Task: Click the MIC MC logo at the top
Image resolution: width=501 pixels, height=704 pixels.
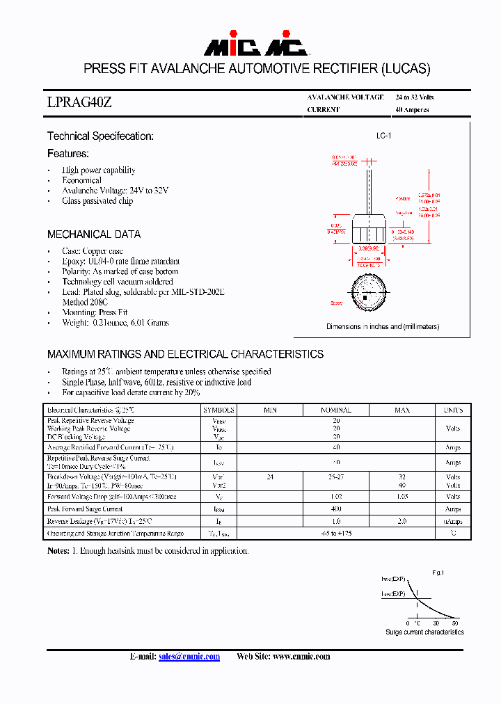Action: point(255,47)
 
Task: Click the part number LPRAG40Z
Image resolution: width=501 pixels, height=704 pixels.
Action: point(79,103)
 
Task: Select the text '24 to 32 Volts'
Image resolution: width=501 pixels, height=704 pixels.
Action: point(414,97)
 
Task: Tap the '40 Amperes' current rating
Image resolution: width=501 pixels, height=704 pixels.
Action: point(412,110)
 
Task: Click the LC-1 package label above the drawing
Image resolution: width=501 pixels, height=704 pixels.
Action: point(383,136)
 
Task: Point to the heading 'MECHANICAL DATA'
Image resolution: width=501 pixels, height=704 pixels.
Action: point(94,234)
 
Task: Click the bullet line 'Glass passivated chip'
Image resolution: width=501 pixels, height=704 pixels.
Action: point(97,201)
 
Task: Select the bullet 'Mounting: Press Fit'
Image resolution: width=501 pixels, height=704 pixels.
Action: point(95,312)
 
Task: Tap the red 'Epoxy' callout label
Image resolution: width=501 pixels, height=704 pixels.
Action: point(337,303)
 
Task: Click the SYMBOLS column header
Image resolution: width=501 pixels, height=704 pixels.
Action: point(219,410)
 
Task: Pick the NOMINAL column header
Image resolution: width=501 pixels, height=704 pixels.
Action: point(335,410)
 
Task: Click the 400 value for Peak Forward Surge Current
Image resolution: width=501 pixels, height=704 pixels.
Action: point(335,509)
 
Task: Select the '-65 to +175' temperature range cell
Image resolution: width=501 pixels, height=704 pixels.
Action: point(335,533)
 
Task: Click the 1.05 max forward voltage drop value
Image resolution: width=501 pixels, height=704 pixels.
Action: point(402,497)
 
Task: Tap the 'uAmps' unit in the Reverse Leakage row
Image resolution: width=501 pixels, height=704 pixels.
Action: point(453,521)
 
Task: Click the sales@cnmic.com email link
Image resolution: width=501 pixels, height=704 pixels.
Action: point(189,656)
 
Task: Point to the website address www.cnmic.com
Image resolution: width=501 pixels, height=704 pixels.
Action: point(301,656)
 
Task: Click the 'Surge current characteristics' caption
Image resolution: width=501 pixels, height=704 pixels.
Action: point(424,632)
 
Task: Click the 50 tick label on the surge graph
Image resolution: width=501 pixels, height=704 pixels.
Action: point(455,623)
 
